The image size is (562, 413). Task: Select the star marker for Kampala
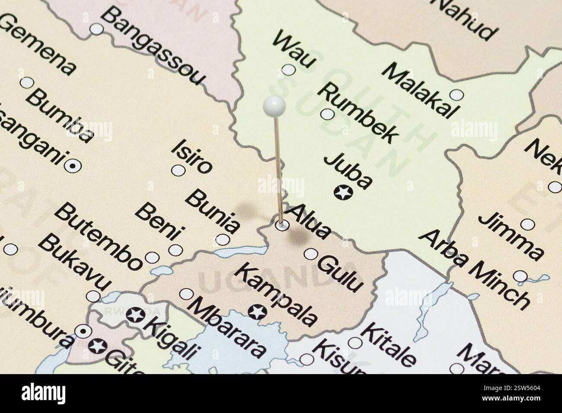click(259, 311)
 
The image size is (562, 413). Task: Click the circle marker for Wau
click(288, 70)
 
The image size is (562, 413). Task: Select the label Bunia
click(213, 212)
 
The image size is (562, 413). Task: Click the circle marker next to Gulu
click(310, 254)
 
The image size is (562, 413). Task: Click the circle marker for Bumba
click(27, 82)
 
